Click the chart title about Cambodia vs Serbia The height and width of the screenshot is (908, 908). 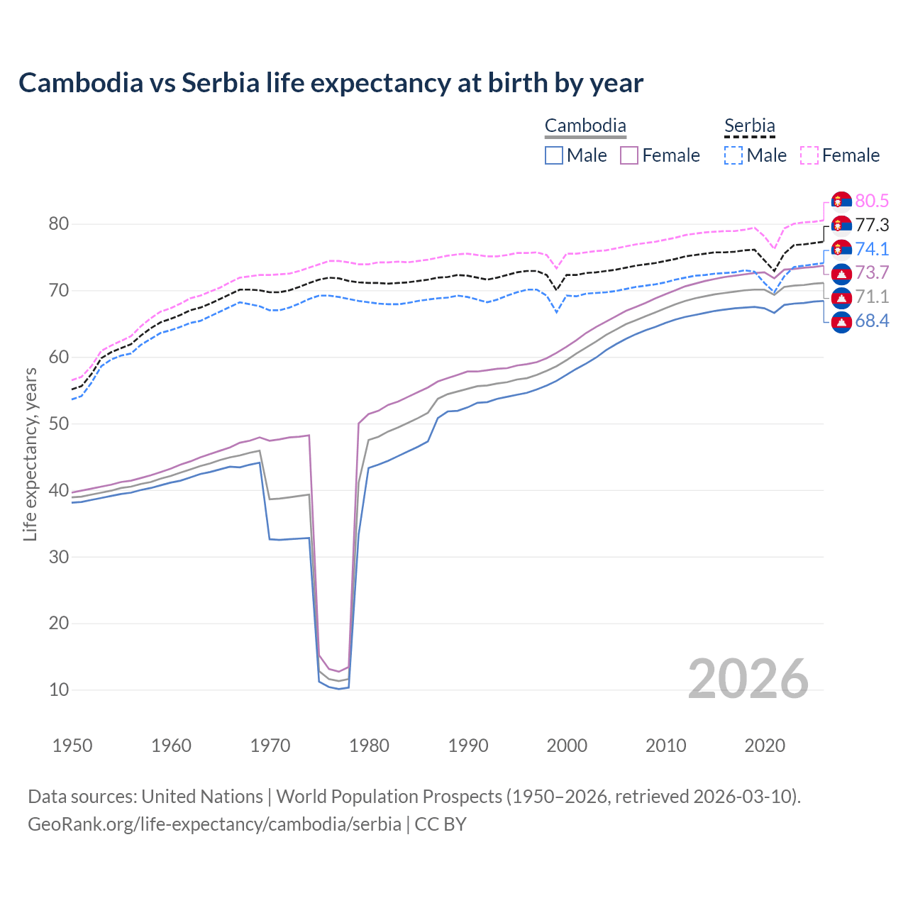pyautogui.click(x=331, y=83)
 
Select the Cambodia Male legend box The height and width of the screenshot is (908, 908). pyautogui.click(x=554, y=155)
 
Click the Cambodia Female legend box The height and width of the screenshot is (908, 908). pyautogui.click(x=629, y=155)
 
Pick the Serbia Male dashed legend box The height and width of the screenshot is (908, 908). pyautogui.click(x=733, y=155)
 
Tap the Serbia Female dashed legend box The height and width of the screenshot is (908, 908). pyautogui.click(x=809, y=155)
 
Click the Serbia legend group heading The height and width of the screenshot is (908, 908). pyautogui.click(x=750, y=126)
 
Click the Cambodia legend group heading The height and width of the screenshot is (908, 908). pyautogui.click(x=585, y=126)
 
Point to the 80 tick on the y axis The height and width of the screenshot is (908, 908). pyautogui.click(x=59, y=224)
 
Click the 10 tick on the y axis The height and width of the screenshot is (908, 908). pyautogui.click(x=59, y=690)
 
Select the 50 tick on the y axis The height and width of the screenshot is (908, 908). pyautogui.click(x=59, y=424)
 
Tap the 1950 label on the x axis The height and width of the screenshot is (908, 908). pyautogui.click(x=72, y=746)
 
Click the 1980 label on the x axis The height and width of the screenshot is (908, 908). pyautogui.click(x=369, y=746)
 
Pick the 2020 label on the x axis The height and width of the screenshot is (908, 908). pyautogui.click(x=765, y=746)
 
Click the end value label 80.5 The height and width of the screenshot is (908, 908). pyautogui.click(x=872, y=201)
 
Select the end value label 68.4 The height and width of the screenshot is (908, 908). pyautogui.click(x=872, y=321)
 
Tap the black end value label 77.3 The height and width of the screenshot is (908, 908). pyautogui.click(x=872, y=226)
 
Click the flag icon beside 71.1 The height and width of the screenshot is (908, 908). pyautogui.click(x=841, y=297)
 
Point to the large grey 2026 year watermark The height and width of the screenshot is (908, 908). pyautogui.click(x=748, y=679)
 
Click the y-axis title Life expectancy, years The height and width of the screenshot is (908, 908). pyautogui.click(x=30, y=454)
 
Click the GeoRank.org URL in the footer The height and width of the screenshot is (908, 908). pyautogui.click(x=214, y=824)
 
